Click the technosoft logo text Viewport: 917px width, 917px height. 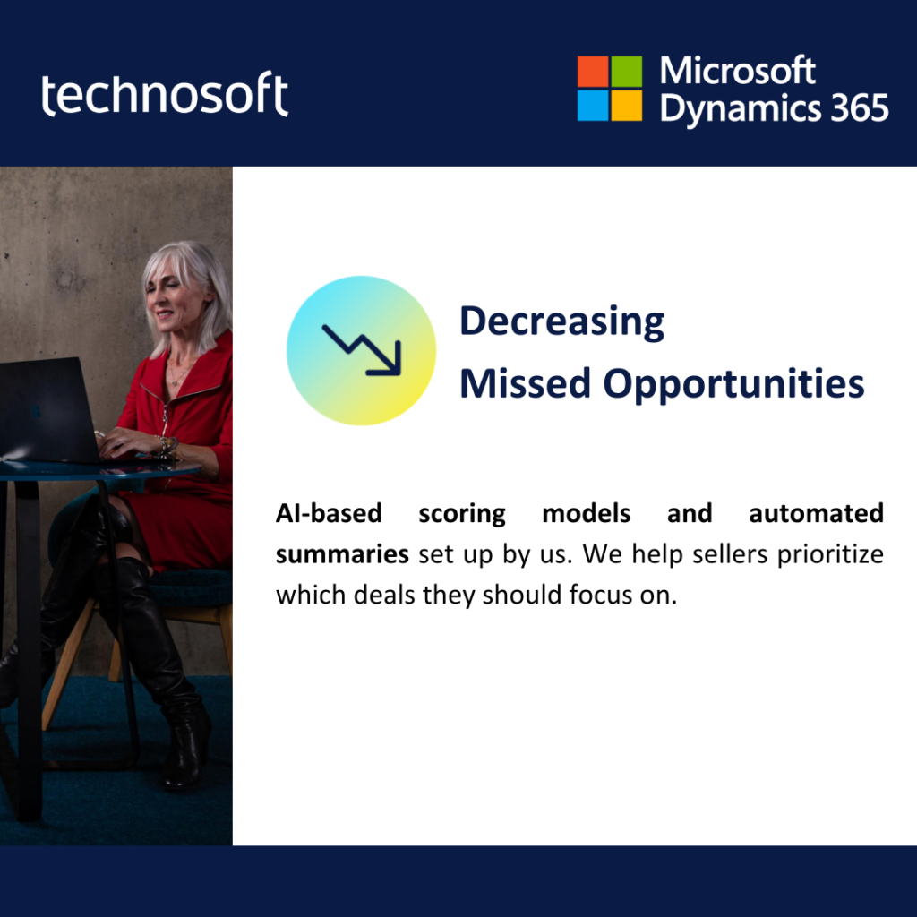pyautogui.click(x=165, y=93)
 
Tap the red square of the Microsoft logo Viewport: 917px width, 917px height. pyautogui.click(x=593, y=72)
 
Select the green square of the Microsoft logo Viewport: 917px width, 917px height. pyautogui.click(x=626, y=72)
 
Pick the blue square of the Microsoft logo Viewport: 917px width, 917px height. pyautogui.click(x=593, y=106)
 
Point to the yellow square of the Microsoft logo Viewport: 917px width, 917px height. pyautogui.click(x=626, y=106)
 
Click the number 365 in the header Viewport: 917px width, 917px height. pyautogui.click(x=860, y=108)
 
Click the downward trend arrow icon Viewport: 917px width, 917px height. pyautogui.click(x=362, y=350)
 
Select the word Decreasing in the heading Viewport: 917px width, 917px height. pyautogui.click(x=562, y=321)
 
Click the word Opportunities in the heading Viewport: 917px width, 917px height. pyautogui.click(x=733, y=385)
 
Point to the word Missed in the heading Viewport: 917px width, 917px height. pyautogui.click(x=525, y=383)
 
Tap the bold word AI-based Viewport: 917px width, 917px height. pyautogui.click(x=329, y=513)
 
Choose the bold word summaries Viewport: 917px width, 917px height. pyautogui.click(x=342, y=553)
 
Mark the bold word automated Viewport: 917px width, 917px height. pyautogui.click(x=816, y=513)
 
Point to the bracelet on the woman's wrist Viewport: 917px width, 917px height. pyautogui.click(x=166, y=446)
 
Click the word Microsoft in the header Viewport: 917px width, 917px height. pyautogui.click(x=738, y=71)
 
